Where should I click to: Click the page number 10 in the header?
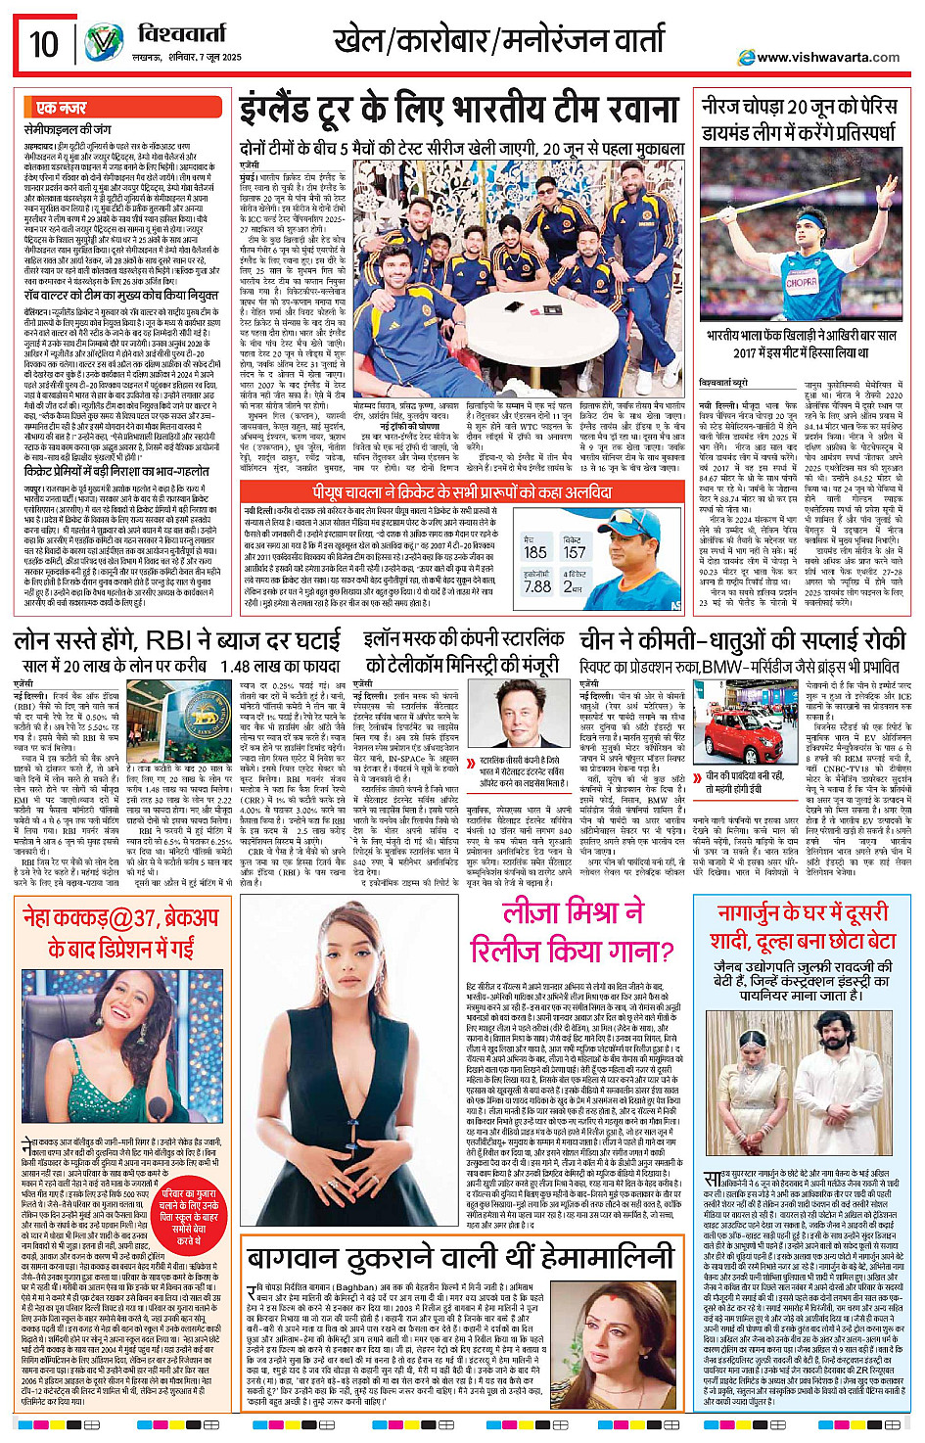click(x=44, y=44)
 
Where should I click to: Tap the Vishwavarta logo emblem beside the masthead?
click(x=102, y=44)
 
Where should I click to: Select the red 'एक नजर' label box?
click(x=61, y=107)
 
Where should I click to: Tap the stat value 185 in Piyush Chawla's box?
click(x=535, y=552)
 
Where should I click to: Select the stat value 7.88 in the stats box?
click(x=536, y=586)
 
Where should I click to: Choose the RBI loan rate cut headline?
click(x=176, y=651)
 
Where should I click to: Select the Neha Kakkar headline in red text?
click(x=121, y=933)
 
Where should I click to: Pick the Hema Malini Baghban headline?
click(x=461, y=1257)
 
